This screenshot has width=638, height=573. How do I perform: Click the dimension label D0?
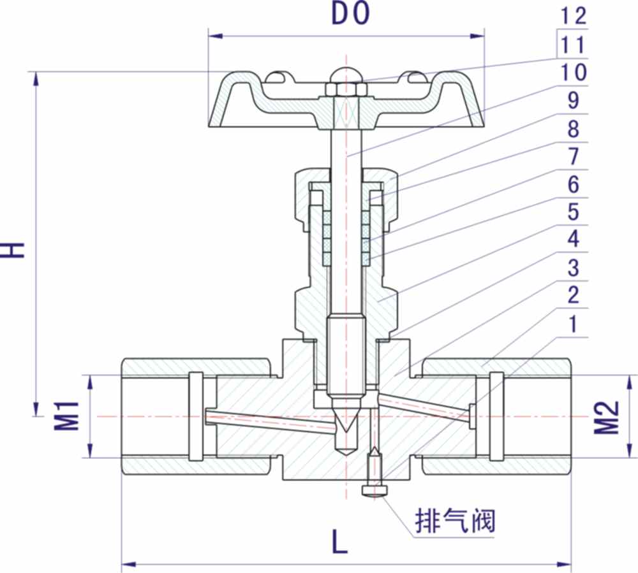point(350,14)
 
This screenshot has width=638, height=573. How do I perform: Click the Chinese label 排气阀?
point(454,522)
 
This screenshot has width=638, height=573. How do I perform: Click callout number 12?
point(572,16)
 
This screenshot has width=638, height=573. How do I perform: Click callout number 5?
point(572,212)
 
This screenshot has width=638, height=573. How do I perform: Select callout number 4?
point(572,240)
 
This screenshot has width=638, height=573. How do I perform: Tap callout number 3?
point(572,268)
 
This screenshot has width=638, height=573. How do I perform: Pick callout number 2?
point(572,295)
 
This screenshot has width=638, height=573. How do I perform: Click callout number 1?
point(572,323)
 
